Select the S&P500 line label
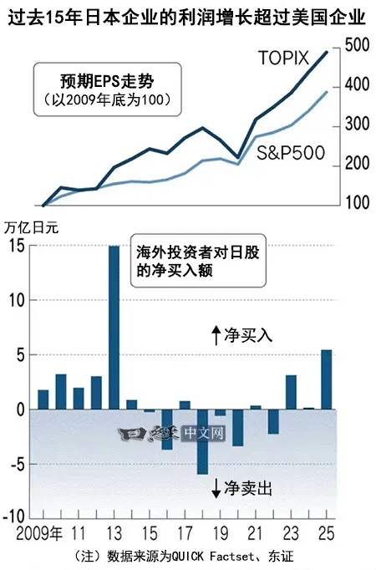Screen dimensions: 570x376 [x=291, y=153]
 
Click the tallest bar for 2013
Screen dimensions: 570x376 [x=114, y=328]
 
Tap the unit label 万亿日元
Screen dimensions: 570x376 [x=33, y=226]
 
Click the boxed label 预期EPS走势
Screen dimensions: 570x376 [x=109, y=82]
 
